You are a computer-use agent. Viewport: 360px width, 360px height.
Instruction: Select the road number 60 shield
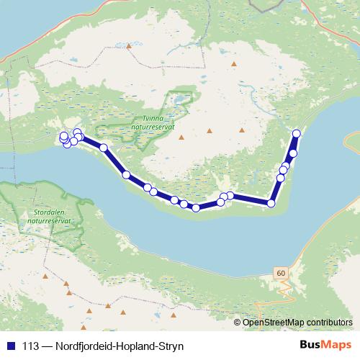280,274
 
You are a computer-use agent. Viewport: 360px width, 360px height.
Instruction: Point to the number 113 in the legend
31,346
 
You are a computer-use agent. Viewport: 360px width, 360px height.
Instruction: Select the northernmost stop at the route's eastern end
296,133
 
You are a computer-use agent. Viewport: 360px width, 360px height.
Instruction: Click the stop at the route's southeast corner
271,204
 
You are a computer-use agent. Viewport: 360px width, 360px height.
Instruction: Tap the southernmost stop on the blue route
196,208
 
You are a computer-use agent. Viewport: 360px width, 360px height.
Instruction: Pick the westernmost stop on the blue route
63,136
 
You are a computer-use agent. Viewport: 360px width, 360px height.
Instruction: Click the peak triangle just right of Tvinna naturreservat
182,137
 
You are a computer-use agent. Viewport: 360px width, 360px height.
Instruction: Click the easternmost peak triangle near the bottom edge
172,314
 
